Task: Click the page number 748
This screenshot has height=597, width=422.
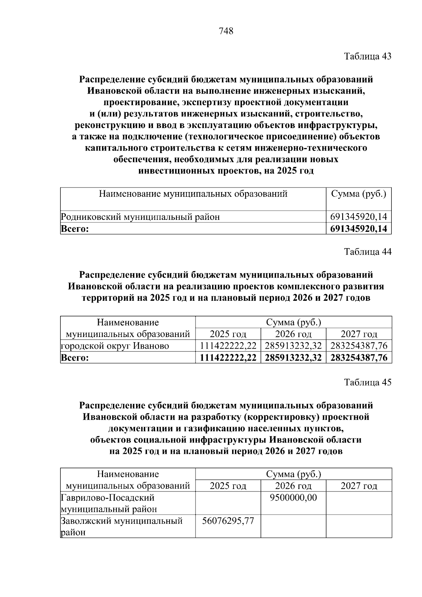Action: coord(226,31)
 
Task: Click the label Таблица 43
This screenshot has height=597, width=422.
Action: coord(367,56)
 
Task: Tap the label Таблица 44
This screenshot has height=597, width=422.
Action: coord(367,252)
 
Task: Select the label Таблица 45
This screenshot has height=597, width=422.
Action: coord(367,382)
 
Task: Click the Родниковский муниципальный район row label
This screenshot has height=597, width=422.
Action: coord(140,217)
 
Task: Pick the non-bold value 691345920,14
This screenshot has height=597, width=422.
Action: coord(359,217)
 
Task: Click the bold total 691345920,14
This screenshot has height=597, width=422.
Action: coord(359,229)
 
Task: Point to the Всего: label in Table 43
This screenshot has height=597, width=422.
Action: coord(75,229)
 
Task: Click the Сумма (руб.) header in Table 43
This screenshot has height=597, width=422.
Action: coord(359,194)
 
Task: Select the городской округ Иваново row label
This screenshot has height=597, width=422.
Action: coord(115,346)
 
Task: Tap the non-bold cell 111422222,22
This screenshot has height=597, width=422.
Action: coord(228,346)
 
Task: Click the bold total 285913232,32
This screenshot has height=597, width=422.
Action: coord(293,358)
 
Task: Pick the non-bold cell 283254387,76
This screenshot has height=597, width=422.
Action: coord(359,346)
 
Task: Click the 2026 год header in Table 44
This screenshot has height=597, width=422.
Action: coord(293,334)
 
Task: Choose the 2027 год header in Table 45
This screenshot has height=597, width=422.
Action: coord(359,486)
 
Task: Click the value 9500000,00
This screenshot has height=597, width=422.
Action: coord(293,498)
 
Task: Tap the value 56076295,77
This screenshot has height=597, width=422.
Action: coord(228,521)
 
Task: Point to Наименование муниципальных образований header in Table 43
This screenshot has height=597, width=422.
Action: coord(193,194)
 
